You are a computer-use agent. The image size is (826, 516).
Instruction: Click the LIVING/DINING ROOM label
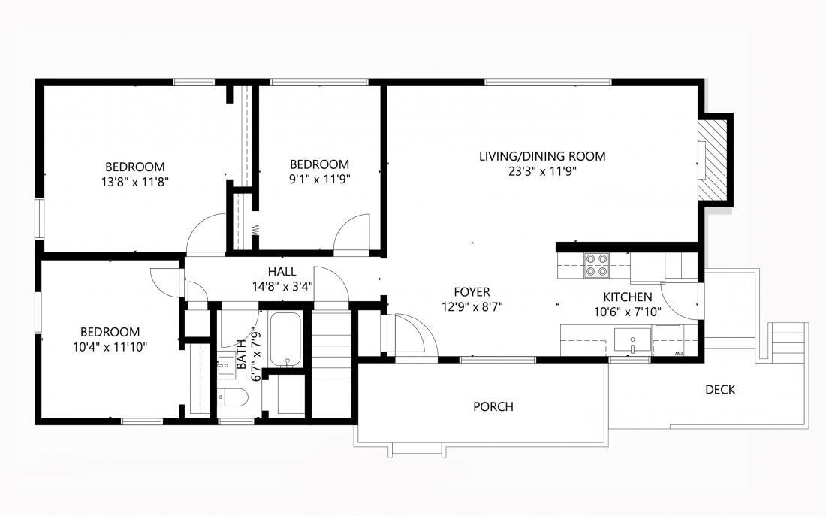542,156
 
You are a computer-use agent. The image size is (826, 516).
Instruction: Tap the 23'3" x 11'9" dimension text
542,171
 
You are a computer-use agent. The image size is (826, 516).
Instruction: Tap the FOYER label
472,291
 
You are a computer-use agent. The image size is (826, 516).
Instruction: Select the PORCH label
493,407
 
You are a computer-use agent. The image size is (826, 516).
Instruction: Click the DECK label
719,390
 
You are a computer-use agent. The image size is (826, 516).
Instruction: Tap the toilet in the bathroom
236,398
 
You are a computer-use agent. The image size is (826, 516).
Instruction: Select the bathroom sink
226,366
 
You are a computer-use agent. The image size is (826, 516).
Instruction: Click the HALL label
282,271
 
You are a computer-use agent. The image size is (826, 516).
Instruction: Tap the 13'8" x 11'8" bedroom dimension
134,181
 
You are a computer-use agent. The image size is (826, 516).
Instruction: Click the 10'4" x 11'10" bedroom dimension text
110,346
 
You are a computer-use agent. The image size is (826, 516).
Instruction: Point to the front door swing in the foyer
411,333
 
